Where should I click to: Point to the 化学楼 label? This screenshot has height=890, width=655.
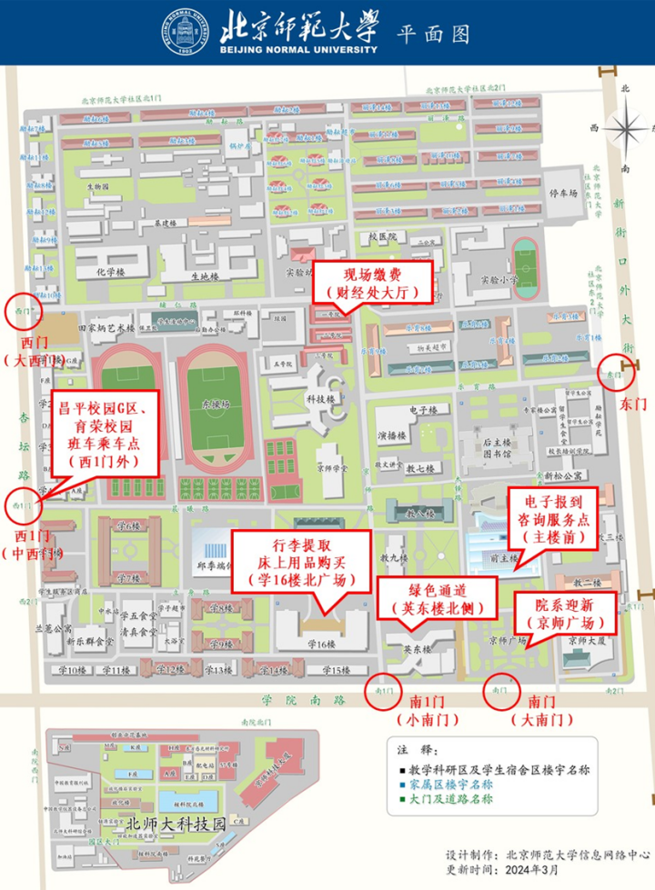pos(110,271)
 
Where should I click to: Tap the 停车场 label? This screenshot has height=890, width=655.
pos(562,193)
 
